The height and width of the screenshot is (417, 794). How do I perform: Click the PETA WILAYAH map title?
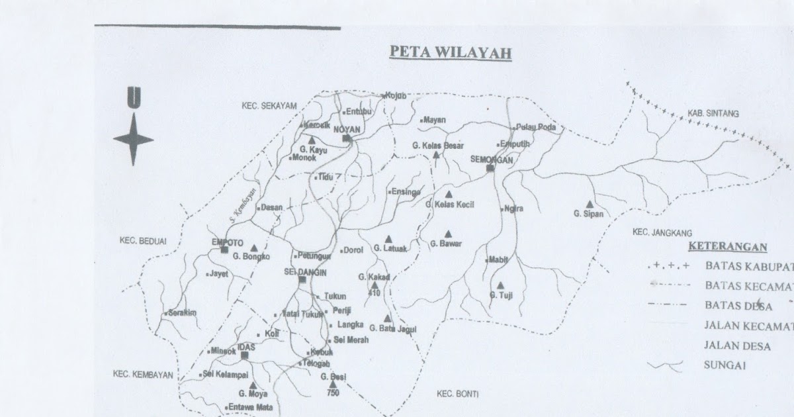point(450,52)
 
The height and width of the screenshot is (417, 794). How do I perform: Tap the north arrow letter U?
point(134,99)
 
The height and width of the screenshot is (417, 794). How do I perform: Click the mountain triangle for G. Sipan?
point(589,205)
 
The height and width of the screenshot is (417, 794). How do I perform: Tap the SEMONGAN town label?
point(491,159)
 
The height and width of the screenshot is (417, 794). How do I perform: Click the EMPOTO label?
point(226,242)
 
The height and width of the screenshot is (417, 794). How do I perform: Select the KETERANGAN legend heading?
point(728,248)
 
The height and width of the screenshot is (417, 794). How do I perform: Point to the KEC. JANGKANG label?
point(662,232)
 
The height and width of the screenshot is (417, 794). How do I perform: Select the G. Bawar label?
point(445,244)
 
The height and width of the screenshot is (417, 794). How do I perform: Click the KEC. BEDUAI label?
point(142,240)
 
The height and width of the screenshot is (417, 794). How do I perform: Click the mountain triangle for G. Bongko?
point(253,248)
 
